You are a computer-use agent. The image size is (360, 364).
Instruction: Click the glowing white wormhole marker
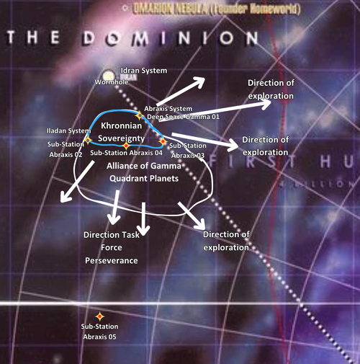(x=109, y=74)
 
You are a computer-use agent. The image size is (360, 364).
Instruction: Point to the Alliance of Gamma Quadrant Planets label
(x=142, y=172)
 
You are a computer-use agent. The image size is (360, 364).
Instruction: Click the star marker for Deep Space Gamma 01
(x=139, y=115)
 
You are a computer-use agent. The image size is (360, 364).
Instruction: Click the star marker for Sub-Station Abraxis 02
(x=87, y=139)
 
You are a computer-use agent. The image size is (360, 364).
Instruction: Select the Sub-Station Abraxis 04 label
(x=126, y=154)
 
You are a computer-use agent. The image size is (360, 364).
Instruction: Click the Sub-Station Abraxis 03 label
(x=186, y=150)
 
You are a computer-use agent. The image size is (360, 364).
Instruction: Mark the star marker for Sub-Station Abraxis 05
(x=99, y=316)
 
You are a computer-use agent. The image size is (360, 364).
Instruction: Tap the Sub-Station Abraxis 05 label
(x=99, y=332)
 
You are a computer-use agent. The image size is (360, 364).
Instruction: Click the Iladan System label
(x=64, y=131)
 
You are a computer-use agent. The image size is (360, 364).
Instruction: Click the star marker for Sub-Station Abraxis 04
(x=126, y=145)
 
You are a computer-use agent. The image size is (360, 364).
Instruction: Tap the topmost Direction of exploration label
(x=271, y=89)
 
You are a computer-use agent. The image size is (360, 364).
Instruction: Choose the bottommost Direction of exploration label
(x=226, y=241)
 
